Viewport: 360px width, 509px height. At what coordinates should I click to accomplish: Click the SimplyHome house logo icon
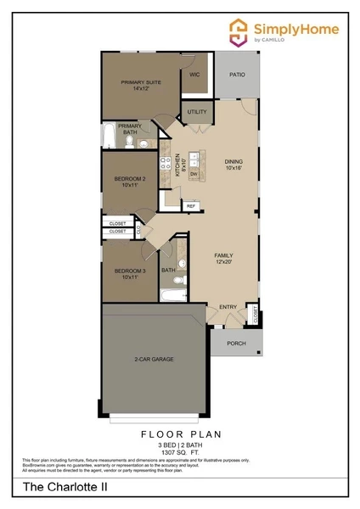coord(239,32)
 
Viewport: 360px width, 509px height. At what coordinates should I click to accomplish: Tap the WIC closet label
coord(194,75)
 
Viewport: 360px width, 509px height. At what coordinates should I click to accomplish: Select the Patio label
coord(238,75)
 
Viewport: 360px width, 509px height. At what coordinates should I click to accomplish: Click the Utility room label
coord(197,112)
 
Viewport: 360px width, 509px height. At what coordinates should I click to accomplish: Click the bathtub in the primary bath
coord(109,136)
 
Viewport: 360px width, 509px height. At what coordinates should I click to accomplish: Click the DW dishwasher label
coord(194,173)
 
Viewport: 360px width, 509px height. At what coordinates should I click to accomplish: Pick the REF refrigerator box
coord(191,205)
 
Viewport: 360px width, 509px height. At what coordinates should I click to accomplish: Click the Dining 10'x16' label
coord(233,165)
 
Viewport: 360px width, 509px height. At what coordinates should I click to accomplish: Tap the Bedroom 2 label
coord(130,182)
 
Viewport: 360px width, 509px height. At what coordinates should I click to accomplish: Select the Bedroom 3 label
coord(130,273)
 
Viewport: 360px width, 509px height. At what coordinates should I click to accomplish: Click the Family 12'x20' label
coord(223,259)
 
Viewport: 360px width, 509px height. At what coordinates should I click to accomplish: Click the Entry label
coord(228,307)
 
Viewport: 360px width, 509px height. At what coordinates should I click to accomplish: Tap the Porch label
coord(236,344)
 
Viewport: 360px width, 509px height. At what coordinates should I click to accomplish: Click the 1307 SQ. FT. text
coord(180,451)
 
